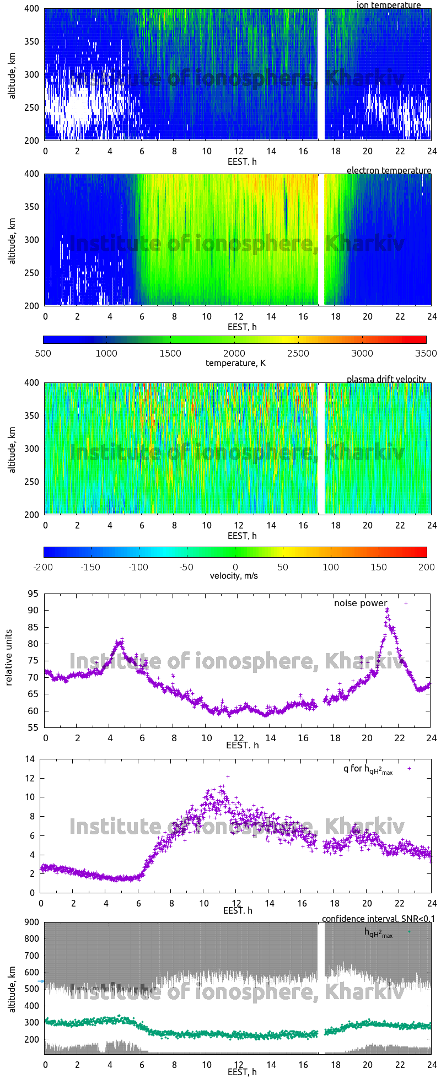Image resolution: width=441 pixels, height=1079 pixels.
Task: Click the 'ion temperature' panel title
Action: pyautogui.click(x=388, y=6)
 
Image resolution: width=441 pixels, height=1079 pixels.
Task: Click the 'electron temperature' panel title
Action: pyautogui.click(x=389, y=170)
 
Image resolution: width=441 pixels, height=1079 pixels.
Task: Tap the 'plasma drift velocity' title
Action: pyautogui.click(x=386, y=379)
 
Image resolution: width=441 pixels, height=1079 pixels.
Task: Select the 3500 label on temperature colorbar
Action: pyautogui.click(x=426, y=353)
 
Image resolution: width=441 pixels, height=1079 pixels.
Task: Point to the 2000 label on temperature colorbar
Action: pyautogui.click(x=234, y=353)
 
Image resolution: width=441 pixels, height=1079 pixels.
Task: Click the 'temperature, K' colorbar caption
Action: pyautogui.click(x=235, y=363)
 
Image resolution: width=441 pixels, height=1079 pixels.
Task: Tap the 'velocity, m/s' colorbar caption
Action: pyautogui.click(x=234, y=576)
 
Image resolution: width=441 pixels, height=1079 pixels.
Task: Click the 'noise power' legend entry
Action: pyautogui.click(x=361, y=603)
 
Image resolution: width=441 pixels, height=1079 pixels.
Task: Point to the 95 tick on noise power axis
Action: pyautogui.click(x=33, y=594)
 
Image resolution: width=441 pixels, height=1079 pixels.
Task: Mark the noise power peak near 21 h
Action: pyautogui.click(x=387, y=610)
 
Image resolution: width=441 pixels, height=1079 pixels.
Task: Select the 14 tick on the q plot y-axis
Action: pyautogui.click(x=30, y=759)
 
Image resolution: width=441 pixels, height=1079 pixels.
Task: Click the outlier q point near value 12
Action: pyautogui.click(x=228, y=776)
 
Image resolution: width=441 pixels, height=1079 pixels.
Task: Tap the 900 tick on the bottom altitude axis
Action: pyautogui.click(x=31, y=922)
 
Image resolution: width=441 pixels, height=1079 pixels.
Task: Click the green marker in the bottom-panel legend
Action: pyautogui.click(x=409, y=931)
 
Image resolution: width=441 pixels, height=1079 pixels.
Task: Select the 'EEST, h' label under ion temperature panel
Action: pyautogui.click(x=242, y=161)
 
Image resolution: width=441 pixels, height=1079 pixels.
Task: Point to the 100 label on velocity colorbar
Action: pyautogui.click(x=331, y=567)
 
